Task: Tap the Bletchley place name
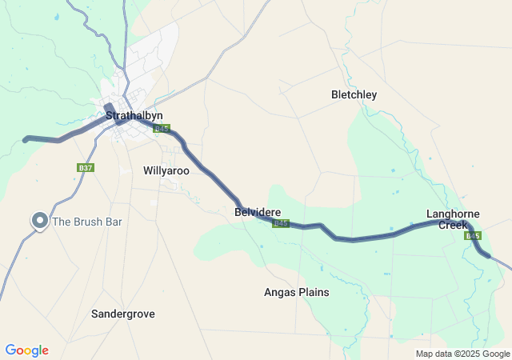pyautogui.click(x=354, y=95)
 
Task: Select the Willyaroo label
pyautogui.click(x=166, y=171)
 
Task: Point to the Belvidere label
pyautogui.click(x=257, y=213)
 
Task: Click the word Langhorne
pyautogui.click(x=453, y=214)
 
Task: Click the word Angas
pyautogui.click(x=280, y=293)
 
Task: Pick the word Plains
pyautogui.click(x=314, y=293)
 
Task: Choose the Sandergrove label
pyautogui.click(x=123, y=314)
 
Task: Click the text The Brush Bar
pyautogui.click(x=86, y=222)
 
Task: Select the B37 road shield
pyautogui.click(x=86, y=168)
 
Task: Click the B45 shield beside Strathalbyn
pyautogui.click(x=162, y=128)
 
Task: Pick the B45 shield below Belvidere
pyautogui.click(x=280, y=224)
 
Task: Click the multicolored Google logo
pyautogui.click(x=26, y=350)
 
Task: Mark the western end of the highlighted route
pyautogui.click(x=26, y=139)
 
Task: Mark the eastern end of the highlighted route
pyautogui.click(x=487, y=256)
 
